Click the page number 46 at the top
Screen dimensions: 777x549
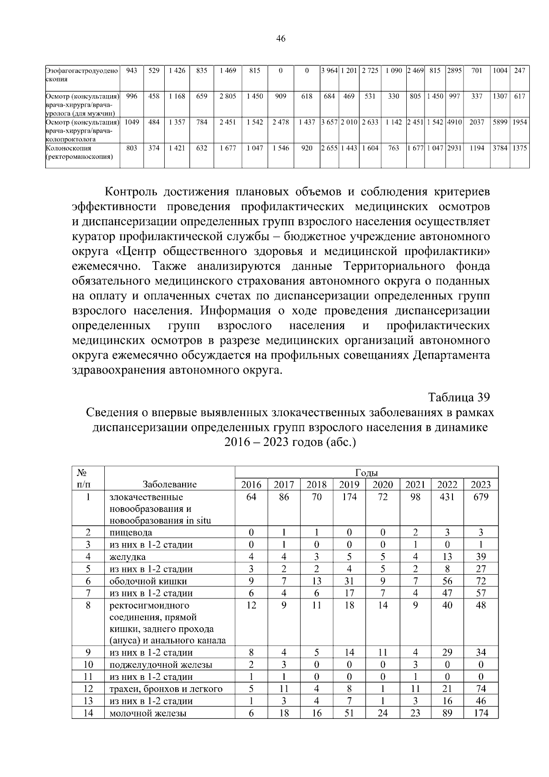pyautogui.click(x=281, y=39)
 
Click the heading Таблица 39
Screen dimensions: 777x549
pyautogui.click(x=459, y=397)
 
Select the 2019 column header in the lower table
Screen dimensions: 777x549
pyautogui.click(x=349, y=485)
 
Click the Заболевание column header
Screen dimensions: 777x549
pyautogui.click(x=169, y=484)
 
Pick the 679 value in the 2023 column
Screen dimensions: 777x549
pyautogui.click(x=481, y=497)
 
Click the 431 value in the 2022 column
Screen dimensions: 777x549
pyautogui.click(x=447, y=497)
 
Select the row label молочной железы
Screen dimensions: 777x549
pyautogui.click(x=147, y=713)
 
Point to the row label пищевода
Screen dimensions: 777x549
pyautogui.click(x=130, y=532)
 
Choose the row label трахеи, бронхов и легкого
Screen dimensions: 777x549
pyautogui.click(x=166, y=689)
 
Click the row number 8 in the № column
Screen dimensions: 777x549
pyautogui.click(x=88, y=605)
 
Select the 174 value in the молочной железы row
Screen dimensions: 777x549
pyautogui.click(x=481, y=713)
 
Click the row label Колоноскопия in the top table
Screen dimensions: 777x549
pyautogui.click(x=69, y=148)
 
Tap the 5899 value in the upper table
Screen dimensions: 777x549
pyautogui.click(x=500, y=122)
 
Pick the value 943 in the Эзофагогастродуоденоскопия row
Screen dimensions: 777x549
pyautogui.click(x=131, y=71)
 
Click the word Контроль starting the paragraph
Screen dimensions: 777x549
pyautogui.click(x=131, y=191)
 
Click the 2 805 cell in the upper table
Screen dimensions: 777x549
pyautogui.click(x=227, y=97)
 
